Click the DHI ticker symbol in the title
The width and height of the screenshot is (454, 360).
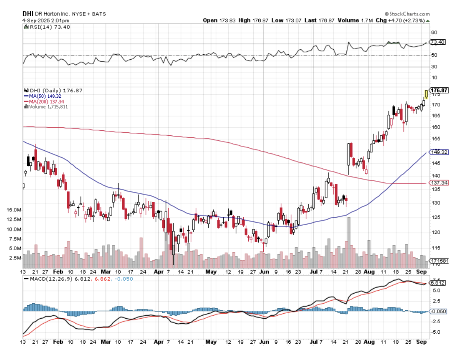click(28, 14)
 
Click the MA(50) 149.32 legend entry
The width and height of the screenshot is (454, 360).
click(42, 96)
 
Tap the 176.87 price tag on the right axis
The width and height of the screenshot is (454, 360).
click(439, 91)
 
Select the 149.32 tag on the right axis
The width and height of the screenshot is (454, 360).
click(439, 152)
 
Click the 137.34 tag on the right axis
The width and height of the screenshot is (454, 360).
click(439, 183)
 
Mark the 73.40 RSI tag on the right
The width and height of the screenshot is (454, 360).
click(438, 42)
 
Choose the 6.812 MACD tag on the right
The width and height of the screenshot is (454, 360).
click(438, 283)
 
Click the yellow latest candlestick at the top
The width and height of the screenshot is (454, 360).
click(426, 94)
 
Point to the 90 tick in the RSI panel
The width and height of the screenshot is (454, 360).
click(434, 33)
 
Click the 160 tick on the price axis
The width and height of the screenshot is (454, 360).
click(434, 127)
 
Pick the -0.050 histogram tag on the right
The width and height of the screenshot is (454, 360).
click(439, 312)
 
